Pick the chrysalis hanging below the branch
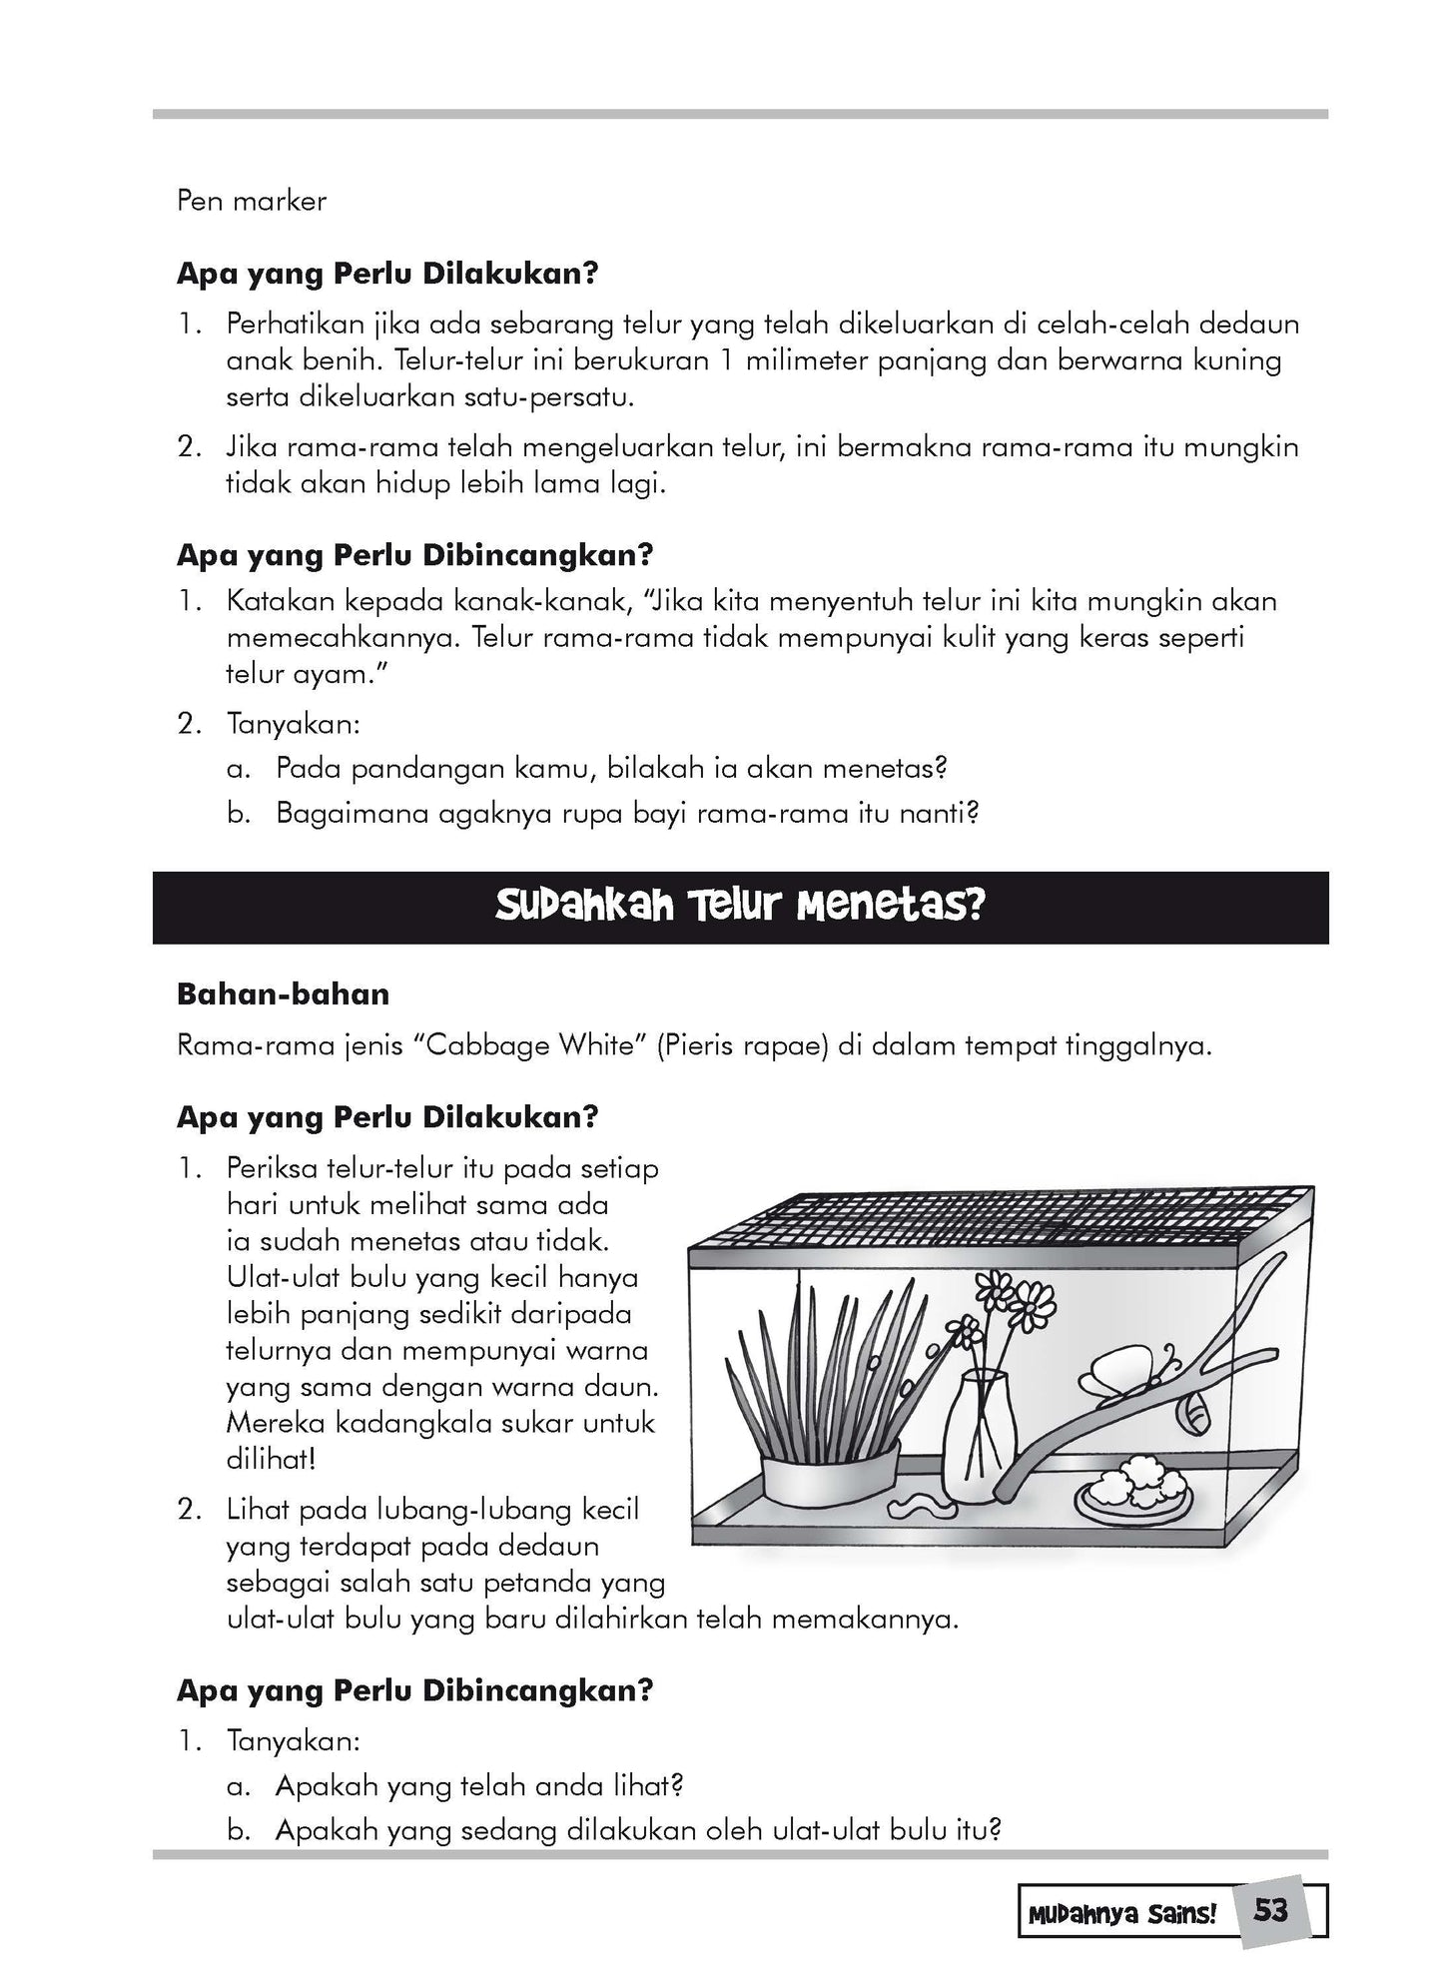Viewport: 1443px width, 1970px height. tap(1192, 1411)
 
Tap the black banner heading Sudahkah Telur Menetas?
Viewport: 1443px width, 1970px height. tap(740, 908)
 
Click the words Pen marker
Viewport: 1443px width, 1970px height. tap(252, 201)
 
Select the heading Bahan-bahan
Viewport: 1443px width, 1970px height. tap(283, 994)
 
